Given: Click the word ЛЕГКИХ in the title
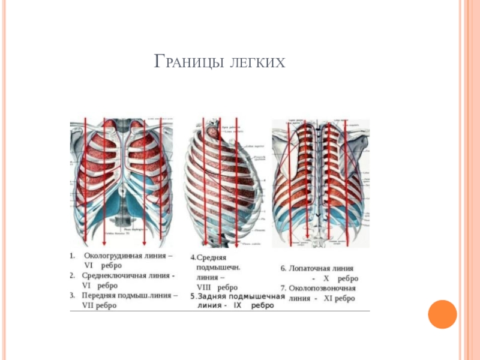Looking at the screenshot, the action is pyautogui.click(x=256, y=61).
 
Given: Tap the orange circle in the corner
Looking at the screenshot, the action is pyautogui.click(x=443, y=314).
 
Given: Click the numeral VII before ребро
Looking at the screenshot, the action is pyautogui.click(x=89, y=305).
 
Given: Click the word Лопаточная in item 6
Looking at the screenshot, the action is pyautogui.click(x=313, y=268).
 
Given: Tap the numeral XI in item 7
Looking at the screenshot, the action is pyautogui.click(x=329, y=299).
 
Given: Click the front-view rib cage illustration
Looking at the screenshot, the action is pyautogui.click(x=121, y=183).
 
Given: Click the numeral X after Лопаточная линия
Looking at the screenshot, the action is pyautogui.click(x=326, y=278).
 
